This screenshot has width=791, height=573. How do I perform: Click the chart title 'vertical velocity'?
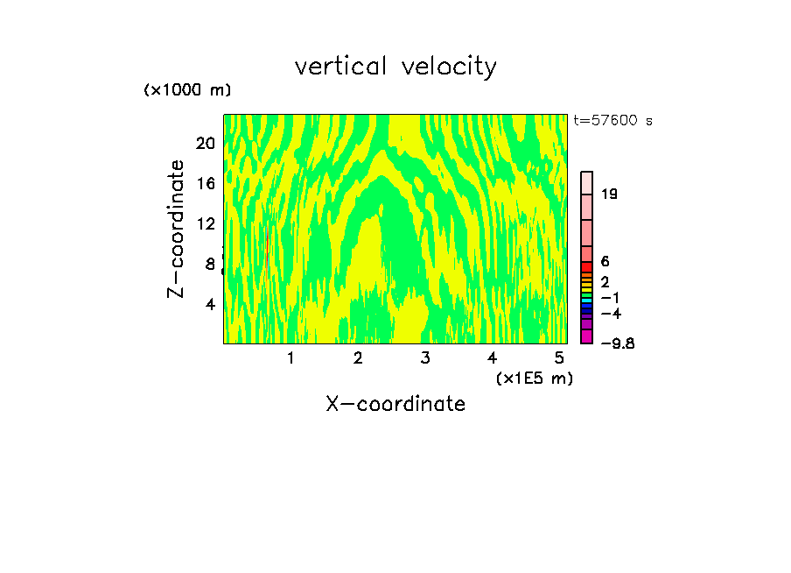pos(395,67)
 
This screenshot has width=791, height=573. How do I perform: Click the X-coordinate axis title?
pos(395,404)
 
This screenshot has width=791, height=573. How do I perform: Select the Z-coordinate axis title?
pos(177,228)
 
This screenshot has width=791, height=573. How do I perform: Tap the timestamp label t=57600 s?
pos(612,121)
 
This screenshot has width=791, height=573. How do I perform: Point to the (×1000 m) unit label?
pos(186,90)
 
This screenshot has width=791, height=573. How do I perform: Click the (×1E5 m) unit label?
pos(534,378)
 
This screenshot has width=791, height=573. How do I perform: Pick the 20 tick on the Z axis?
pos(205,143)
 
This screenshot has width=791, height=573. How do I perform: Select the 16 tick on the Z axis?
pos(205,183)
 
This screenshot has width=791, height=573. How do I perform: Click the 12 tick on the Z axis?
pos(205,223)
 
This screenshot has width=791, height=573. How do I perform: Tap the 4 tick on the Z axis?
pos(210,304)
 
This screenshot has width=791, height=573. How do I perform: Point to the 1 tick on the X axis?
pos(290,357)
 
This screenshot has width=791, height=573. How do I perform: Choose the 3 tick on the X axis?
pos(424,357)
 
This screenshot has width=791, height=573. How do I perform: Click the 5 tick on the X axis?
pos(559,357)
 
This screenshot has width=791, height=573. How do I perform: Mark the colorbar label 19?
pos(610,194)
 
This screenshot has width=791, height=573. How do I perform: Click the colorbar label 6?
pos(605,262)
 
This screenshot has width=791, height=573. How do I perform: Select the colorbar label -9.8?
pos(617,343)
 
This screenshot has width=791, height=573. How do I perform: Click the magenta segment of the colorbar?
pos(587,336)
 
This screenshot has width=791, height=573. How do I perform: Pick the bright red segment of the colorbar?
pos(587,266)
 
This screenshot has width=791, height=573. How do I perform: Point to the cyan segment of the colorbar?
pos(587,299)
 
